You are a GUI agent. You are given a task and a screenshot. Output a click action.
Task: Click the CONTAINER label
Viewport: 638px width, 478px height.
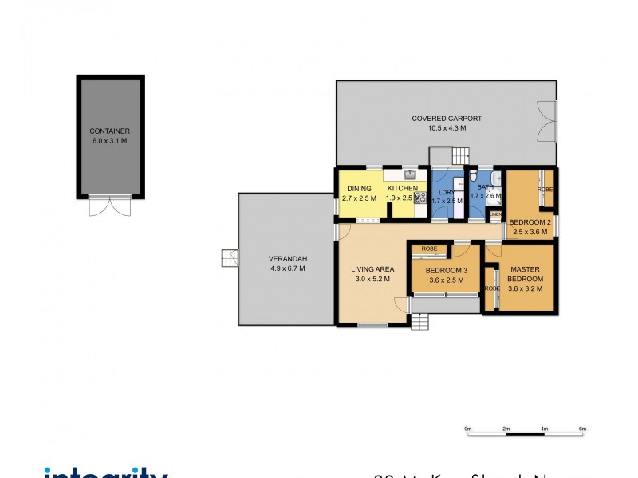[110, 131]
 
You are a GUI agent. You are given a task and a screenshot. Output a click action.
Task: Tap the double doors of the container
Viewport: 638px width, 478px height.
[110, 206]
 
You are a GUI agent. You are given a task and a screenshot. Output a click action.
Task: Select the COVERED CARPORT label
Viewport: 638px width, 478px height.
[447, 119]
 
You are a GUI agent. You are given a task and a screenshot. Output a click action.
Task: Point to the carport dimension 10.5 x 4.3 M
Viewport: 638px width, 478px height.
[447, 128]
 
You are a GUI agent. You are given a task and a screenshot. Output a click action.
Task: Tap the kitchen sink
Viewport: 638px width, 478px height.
[410, 174]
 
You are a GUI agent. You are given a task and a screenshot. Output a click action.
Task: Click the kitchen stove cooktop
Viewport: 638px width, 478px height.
[420, 196]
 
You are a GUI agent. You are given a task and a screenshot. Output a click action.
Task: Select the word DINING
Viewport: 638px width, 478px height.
[359, 189]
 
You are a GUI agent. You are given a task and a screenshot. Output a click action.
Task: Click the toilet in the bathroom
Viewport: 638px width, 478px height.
[474, 178]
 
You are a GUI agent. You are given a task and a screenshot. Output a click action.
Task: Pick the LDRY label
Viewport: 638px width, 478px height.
[446, 191]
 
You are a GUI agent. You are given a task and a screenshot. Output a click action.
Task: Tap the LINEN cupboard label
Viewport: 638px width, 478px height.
[495, 214]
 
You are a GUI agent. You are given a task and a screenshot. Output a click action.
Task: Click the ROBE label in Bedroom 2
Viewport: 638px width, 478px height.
[545, 190]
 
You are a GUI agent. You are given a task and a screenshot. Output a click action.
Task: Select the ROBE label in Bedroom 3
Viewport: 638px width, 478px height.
[429, 249]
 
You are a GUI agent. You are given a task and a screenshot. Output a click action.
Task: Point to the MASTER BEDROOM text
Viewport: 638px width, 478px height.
[526, 274]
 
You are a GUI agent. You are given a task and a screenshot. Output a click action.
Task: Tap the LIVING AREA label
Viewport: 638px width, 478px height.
[372, 268]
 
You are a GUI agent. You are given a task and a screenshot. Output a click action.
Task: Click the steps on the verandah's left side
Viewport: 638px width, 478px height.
[230, 258]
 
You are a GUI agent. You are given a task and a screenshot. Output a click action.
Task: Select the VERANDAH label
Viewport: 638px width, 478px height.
[288, 258]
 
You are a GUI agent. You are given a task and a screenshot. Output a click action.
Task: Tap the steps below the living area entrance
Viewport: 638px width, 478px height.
[420, 322]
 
